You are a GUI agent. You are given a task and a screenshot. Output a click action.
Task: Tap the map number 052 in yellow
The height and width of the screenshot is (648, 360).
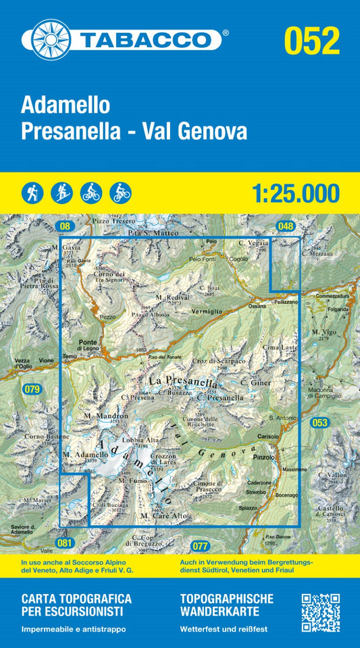coord(311,40)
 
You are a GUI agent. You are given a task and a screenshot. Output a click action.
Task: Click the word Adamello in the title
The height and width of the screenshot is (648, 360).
coord(66,105)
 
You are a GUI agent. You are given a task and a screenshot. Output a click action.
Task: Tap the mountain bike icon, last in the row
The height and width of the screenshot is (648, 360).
coord(121,193)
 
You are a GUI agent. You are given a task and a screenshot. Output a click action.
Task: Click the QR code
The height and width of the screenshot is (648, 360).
coord(320,612)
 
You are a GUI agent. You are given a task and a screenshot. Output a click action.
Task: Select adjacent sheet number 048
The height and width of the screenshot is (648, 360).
coord(286,226)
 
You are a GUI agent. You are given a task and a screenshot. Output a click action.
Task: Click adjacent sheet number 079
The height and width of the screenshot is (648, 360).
coord(32,389)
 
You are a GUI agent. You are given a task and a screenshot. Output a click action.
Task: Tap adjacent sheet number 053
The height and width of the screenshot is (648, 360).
coord(319,423)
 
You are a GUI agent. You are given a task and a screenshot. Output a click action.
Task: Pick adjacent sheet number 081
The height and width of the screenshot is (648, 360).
coord(64,543)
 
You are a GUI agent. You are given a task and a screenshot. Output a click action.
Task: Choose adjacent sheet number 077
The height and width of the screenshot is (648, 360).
coord(201,545)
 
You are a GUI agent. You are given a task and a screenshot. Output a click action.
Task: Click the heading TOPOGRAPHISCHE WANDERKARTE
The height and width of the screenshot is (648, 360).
coord(227,604)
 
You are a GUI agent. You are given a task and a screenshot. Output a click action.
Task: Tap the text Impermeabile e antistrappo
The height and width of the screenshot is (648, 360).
coord(74,630)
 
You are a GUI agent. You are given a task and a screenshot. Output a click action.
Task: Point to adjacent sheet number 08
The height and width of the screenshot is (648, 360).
coord(65,226)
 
